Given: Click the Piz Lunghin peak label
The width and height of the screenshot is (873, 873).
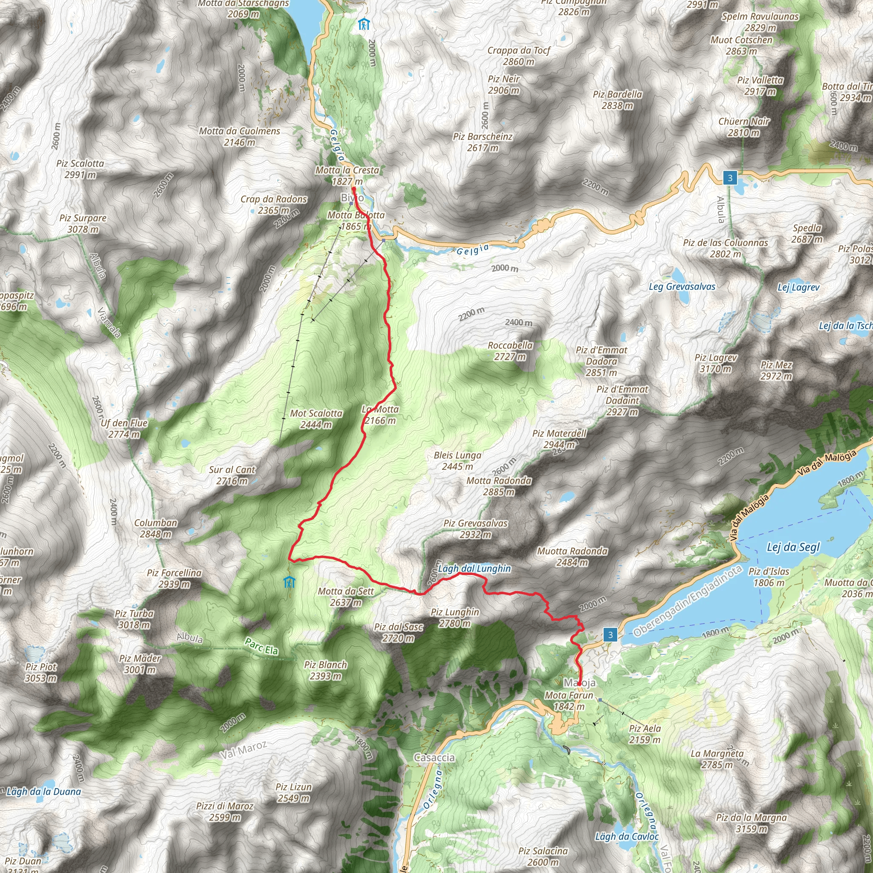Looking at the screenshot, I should (454, 617).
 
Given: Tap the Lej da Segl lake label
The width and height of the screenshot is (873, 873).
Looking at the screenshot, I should (793, 547).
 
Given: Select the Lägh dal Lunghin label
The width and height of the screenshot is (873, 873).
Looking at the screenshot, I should (474, 569).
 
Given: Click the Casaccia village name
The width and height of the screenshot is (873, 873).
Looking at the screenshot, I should (434, 757).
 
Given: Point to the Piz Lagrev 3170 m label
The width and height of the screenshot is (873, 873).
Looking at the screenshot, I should (716, 363).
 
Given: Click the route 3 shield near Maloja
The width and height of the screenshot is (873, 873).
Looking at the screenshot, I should (610, 635).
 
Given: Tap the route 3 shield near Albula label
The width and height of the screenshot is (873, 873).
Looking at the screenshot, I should (730, 178).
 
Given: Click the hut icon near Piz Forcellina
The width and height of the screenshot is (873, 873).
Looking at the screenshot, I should (289, 582).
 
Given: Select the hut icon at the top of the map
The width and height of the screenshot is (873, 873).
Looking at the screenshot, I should (363, 24).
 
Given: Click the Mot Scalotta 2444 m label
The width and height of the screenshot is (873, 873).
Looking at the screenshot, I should (316, 419).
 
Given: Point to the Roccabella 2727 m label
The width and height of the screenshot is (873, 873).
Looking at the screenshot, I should (510, 351).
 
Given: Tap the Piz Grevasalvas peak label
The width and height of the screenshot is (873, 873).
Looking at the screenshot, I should (475, 529).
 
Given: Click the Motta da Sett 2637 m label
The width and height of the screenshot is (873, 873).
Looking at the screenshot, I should (346, 596).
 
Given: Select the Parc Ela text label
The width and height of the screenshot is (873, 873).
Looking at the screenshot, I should (261, 647).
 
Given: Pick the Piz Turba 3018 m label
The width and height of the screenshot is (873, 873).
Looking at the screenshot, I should (134, 619).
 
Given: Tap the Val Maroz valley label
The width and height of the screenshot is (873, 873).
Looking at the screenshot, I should (243, 750).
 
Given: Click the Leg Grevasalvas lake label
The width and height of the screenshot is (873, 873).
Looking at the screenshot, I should (682, 286).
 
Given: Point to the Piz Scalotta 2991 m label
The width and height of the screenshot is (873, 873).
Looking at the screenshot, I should (80, 169).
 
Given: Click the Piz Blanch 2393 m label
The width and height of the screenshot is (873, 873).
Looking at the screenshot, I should (325, 670).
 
